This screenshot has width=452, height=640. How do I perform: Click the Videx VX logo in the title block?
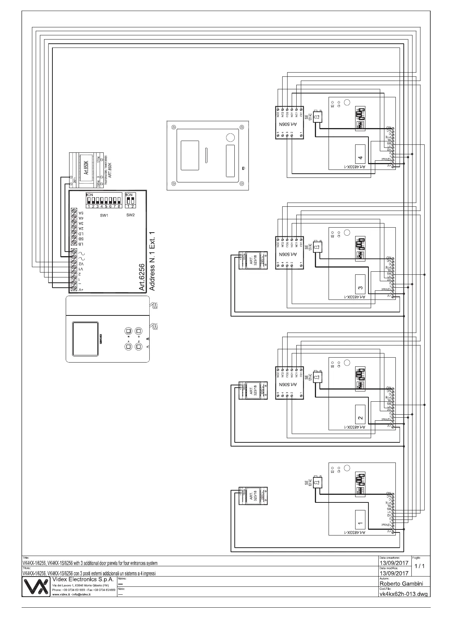click(36, 587)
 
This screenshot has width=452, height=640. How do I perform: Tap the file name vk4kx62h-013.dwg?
click(404, 594)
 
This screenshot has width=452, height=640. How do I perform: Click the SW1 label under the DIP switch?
click(104, 215)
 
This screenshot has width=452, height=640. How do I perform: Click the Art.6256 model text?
click(142, 277)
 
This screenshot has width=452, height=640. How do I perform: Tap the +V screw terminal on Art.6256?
click(74, 289)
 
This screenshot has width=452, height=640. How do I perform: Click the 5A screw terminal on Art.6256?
click(74, 213)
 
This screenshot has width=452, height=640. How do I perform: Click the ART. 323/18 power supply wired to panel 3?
click(253, 261)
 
